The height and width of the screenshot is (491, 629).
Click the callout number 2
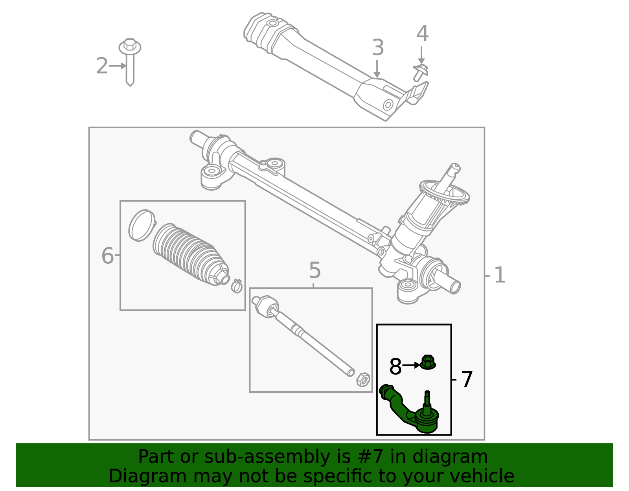102,66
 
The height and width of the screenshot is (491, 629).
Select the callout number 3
377,48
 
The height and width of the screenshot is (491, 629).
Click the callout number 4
422,34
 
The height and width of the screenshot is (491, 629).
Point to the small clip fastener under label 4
420,73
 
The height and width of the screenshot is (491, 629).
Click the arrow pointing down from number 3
377,69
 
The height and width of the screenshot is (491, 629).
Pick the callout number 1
499,275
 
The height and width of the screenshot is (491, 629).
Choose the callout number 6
107,256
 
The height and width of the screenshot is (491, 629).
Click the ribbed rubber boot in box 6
189,254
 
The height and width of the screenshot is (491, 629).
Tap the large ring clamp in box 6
142,225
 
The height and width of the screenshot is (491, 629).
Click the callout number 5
314,271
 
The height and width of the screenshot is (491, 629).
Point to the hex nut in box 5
363,379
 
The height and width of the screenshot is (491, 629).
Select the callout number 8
395,367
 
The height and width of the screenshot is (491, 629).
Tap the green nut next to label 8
428,362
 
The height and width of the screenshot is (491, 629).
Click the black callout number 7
467,380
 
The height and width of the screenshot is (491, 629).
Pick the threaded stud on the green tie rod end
427,399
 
